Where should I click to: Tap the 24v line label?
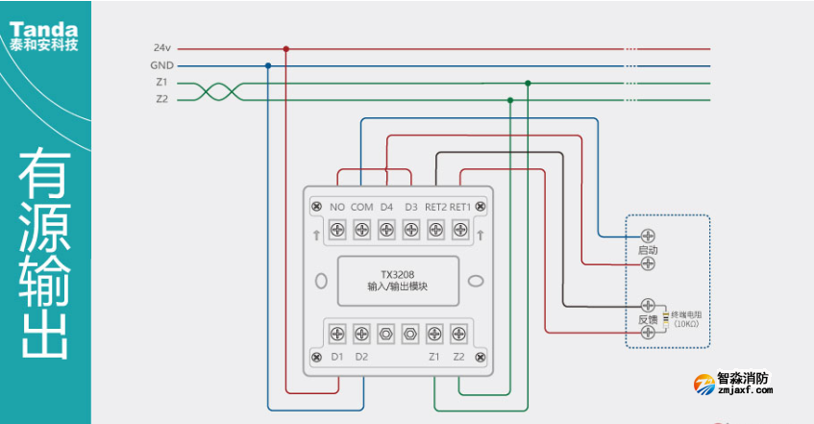point(161,48)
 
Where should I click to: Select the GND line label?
point(161,65)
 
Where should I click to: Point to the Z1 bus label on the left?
point(161,83)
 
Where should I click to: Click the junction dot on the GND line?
point(267,65)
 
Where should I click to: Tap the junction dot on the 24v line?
point(285,48)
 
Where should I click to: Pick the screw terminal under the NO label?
point(337,230)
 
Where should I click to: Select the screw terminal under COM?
point(361,230)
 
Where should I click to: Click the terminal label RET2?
point(435,207)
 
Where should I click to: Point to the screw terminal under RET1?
point(459,230)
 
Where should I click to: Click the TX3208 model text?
point(397,273)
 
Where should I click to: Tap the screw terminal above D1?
point(337,334)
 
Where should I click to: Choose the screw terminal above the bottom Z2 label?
point(459,334)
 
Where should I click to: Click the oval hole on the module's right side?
point(474,282)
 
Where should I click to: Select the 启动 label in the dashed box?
point(648,250)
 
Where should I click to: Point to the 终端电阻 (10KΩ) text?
point(686,319)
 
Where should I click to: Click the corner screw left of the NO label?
point(316,207)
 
